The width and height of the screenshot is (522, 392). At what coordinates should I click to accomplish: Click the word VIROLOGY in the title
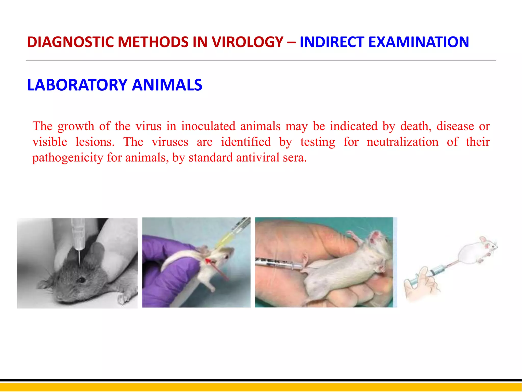(247, 42)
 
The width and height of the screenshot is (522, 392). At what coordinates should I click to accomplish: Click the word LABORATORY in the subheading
(77, 85)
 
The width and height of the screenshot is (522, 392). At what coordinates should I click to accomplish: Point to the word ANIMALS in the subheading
(167, 85)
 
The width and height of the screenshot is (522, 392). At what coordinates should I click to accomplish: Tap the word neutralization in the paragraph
(402, 142)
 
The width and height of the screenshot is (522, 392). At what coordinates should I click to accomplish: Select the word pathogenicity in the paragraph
(68, 158)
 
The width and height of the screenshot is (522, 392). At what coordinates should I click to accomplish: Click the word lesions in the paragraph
(95, 142)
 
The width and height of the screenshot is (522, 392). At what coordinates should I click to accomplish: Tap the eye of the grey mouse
(81, 280)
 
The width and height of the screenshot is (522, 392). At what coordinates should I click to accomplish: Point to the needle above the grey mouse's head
(80, 258)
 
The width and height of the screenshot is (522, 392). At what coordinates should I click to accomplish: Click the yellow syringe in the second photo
(231, 234)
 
